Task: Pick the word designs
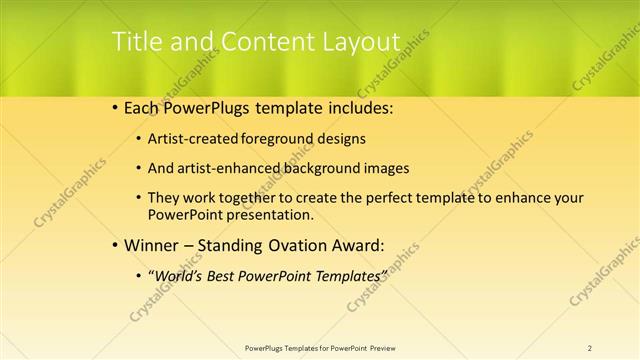(342, 139)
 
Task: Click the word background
(311, 168)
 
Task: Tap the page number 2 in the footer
(590, 348)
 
